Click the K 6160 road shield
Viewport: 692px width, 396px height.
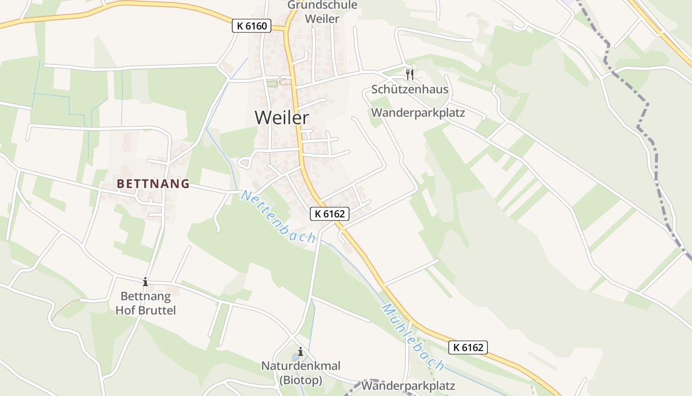(x=252, y=26)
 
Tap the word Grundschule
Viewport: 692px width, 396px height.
(x=322, y=5)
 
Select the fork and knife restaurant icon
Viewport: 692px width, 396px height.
(x=409, y=74)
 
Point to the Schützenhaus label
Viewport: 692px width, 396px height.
(x=410, y=90)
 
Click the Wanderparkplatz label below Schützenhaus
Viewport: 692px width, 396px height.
(x=418, y=112)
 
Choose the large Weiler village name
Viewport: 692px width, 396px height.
(x=282, y=118)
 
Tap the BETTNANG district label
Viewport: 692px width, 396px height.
(x=153, y=184)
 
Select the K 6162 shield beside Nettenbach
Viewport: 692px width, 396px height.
(x=330, y=214)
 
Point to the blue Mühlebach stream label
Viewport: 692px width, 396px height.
(x=413, y=338)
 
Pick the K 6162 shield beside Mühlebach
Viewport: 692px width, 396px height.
(x=468, y=347)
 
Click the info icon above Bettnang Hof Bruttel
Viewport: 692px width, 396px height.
(x=145, y=282)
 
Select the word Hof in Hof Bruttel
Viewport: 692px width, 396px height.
(x=124, y=311)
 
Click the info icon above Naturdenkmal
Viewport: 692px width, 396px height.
(x=300, y=351)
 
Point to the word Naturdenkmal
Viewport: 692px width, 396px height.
(x=301, y=366)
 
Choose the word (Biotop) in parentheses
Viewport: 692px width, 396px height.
(x=301, y=380)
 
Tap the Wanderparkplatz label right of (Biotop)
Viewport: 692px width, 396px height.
(x=408, y=386)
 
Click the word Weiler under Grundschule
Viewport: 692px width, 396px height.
(x=322, y=19)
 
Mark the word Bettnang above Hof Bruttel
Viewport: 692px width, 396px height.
(x=146, y=297)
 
